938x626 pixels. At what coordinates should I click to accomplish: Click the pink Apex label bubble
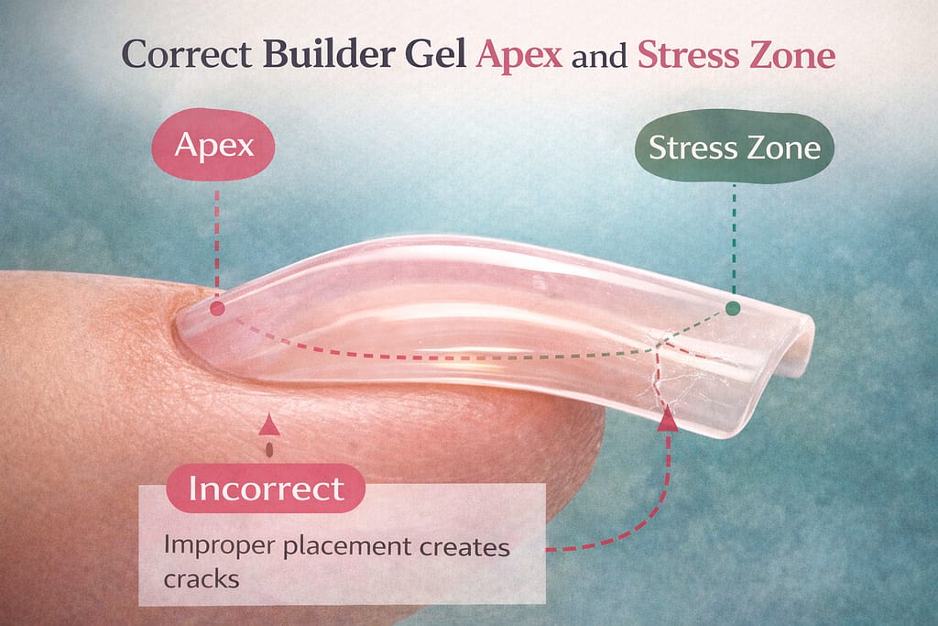coord(213,144)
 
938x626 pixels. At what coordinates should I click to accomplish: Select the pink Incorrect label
coord(266,488)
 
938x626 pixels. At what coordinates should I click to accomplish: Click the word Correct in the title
coord(187,54)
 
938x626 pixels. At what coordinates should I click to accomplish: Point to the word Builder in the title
coord(330,54)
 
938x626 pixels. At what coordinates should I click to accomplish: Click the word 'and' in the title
coord(599,57)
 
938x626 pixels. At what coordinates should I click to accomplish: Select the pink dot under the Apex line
coord(218,308)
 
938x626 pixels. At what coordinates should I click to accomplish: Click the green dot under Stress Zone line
coord(733,308)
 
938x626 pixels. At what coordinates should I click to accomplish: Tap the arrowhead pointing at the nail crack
coord(668,419)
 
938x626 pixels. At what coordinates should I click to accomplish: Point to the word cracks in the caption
coord(202,578)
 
